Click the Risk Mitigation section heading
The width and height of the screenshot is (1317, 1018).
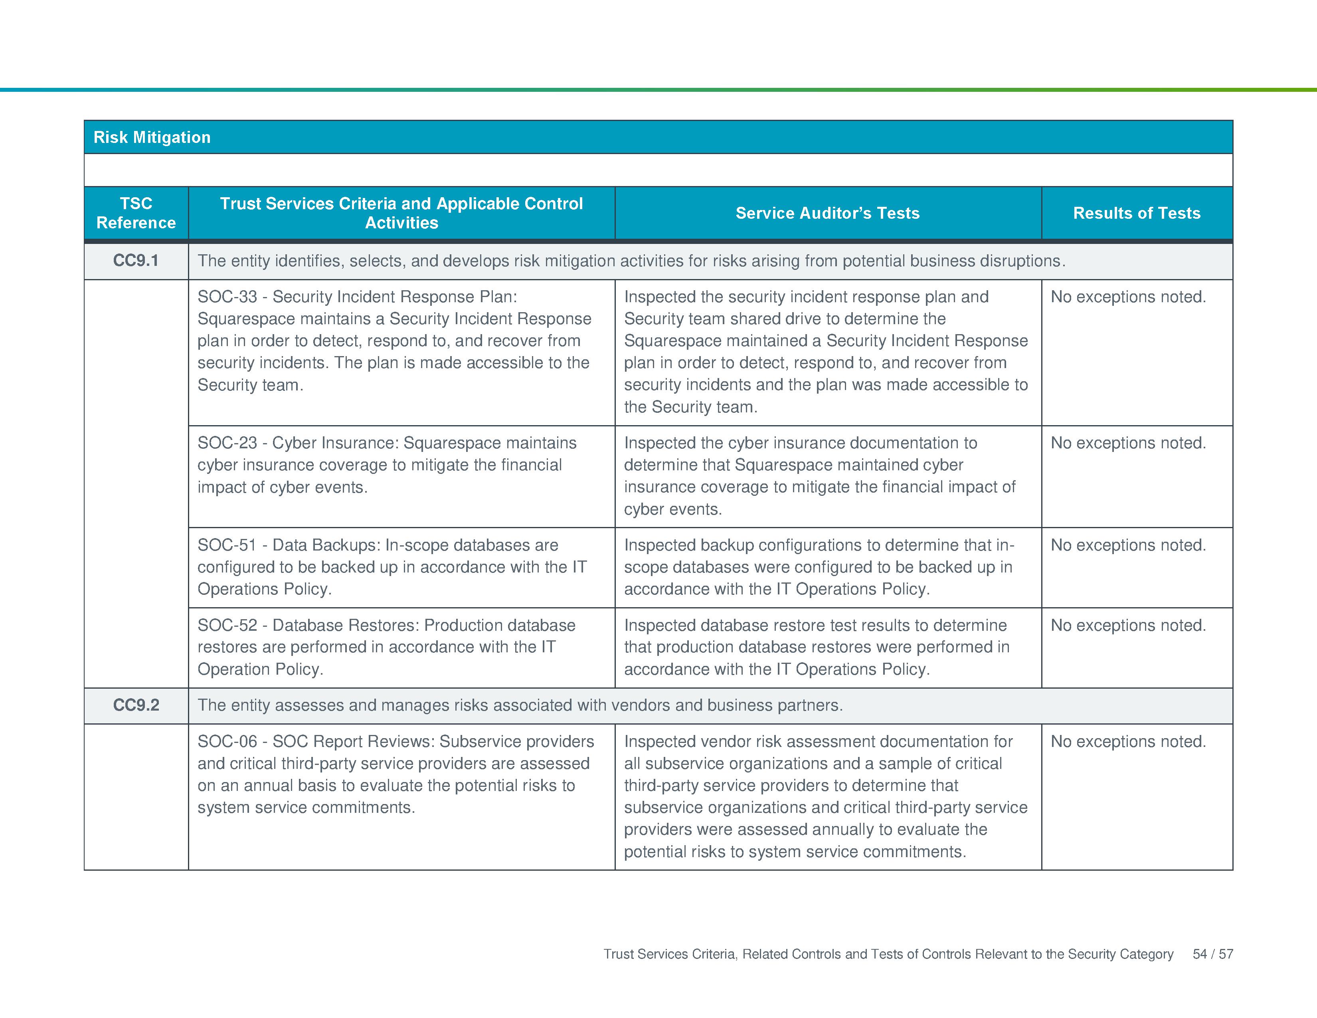[152, 137]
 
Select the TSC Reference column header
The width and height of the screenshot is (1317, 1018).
[136, 213]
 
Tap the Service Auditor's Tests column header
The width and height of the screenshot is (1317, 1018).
[827, 213]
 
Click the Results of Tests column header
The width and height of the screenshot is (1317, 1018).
[1137, 213]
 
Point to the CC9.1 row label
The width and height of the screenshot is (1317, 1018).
[136, 261]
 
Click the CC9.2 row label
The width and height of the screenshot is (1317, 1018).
[136, 705]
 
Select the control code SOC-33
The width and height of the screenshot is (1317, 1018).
[227, 297]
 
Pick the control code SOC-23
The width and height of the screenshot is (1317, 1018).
[227, 443]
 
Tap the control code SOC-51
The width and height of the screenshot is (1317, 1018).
[227, 545]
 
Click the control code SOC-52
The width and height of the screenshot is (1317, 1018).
[227, 626]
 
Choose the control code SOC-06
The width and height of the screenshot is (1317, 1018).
[227, 741]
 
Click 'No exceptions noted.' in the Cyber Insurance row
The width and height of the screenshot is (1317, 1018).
[1128, 443]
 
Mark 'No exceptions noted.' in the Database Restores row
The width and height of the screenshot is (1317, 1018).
[1128, 626]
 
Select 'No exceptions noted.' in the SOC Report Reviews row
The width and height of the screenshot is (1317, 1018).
[1128, 741]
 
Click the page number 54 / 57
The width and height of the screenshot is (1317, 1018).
[1213, 953]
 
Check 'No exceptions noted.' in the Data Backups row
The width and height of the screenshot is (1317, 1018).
[1128, 545]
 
